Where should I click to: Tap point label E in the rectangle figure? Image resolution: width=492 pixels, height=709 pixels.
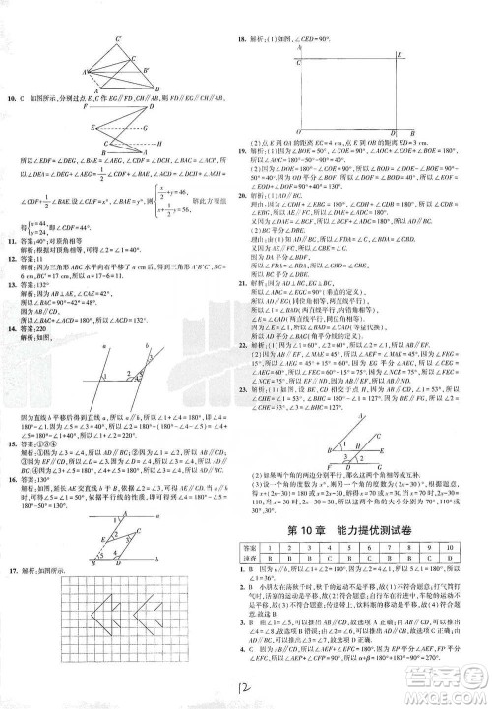398,57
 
